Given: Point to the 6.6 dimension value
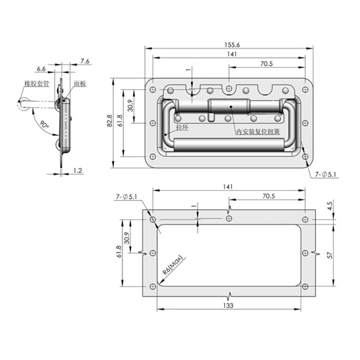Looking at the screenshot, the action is coord(41,68).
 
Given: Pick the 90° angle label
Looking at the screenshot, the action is coord(44,124).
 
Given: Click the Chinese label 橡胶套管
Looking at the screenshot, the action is coord(37,83).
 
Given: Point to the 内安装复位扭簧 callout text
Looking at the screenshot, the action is coord(258,132).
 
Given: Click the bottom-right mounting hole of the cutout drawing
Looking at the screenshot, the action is coord(305,287).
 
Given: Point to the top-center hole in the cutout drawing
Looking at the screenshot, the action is coord(229,219).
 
